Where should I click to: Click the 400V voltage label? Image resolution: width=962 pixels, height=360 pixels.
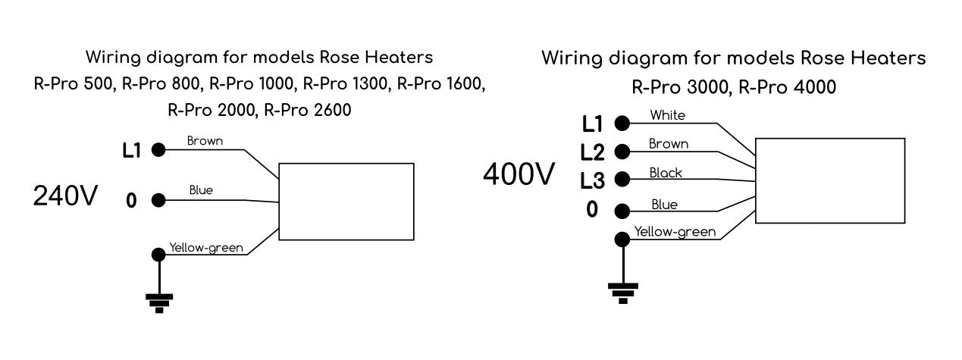point(519,174)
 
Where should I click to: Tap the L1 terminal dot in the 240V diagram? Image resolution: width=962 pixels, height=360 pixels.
point(158,150)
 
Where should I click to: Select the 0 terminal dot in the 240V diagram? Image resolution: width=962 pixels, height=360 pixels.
point(158,201)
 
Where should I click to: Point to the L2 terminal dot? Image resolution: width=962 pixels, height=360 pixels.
point(622,151)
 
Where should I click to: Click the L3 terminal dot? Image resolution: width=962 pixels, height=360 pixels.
point(622,180)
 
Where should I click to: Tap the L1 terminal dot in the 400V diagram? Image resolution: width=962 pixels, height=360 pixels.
point(622,124)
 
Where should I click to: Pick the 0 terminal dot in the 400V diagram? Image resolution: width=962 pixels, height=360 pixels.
point(622,210)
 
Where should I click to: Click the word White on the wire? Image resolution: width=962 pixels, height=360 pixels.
point(667,115)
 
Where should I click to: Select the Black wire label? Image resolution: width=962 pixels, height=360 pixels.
point(666,173)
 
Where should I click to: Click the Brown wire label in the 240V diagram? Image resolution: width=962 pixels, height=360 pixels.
point(205,140)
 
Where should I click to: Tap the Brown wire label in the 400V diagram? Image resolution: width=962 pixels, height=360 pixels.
point(669,143)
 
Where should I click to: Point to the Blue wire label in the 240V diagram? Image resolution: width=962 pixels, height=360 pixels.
point(201,190)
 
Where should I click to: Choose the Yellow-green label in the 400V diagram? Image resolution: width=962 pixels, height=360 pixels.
point(675,232)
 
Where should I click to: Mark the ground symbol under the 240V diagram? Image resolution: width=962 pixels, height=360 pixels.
point(159,302)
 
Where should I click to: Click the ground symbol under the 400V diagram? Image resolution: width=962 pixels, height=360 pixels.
point(623,291)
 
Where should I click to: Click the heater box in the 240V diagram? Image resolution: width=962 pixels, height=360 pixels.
point(346,201)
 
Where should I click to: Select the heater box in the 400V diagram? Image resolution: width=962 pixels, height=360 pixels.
point(830,180)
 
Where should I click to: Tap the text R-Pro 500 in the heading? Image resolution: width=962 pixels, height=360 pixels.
point(72,83)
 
